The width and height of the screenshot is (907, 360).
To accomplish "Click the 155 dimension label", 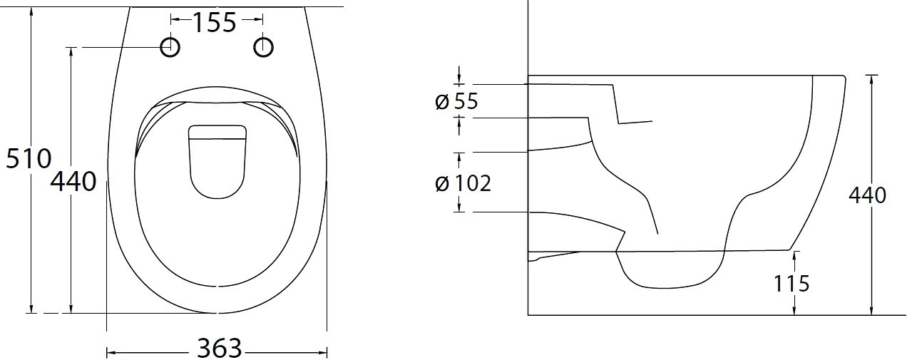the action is [214, 23].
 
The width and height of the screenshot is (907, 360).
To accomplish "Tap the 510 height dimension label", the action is [29, 158].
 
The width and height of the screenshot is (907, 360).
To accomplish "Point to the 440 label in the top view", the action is [73, 181].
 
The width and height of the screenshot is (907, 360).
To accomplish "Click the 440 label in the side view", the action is [867, 195].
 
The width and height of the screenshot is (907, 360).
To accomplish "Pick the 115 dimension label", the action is [791, 284].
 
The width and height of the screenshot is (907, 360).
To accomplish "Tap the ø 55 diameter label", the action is [456, 101].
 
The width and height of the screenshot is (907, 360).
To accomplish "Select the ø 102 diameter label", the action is [463, 183].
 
